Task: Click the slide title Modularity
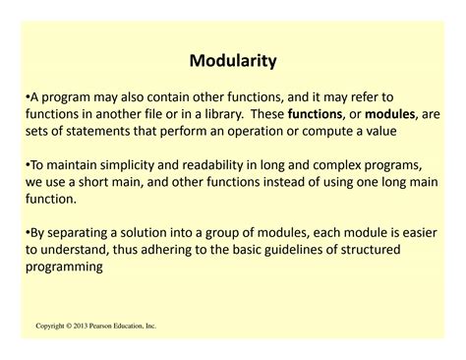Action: point(233,61)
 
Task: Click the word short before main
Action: point(113,180)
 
